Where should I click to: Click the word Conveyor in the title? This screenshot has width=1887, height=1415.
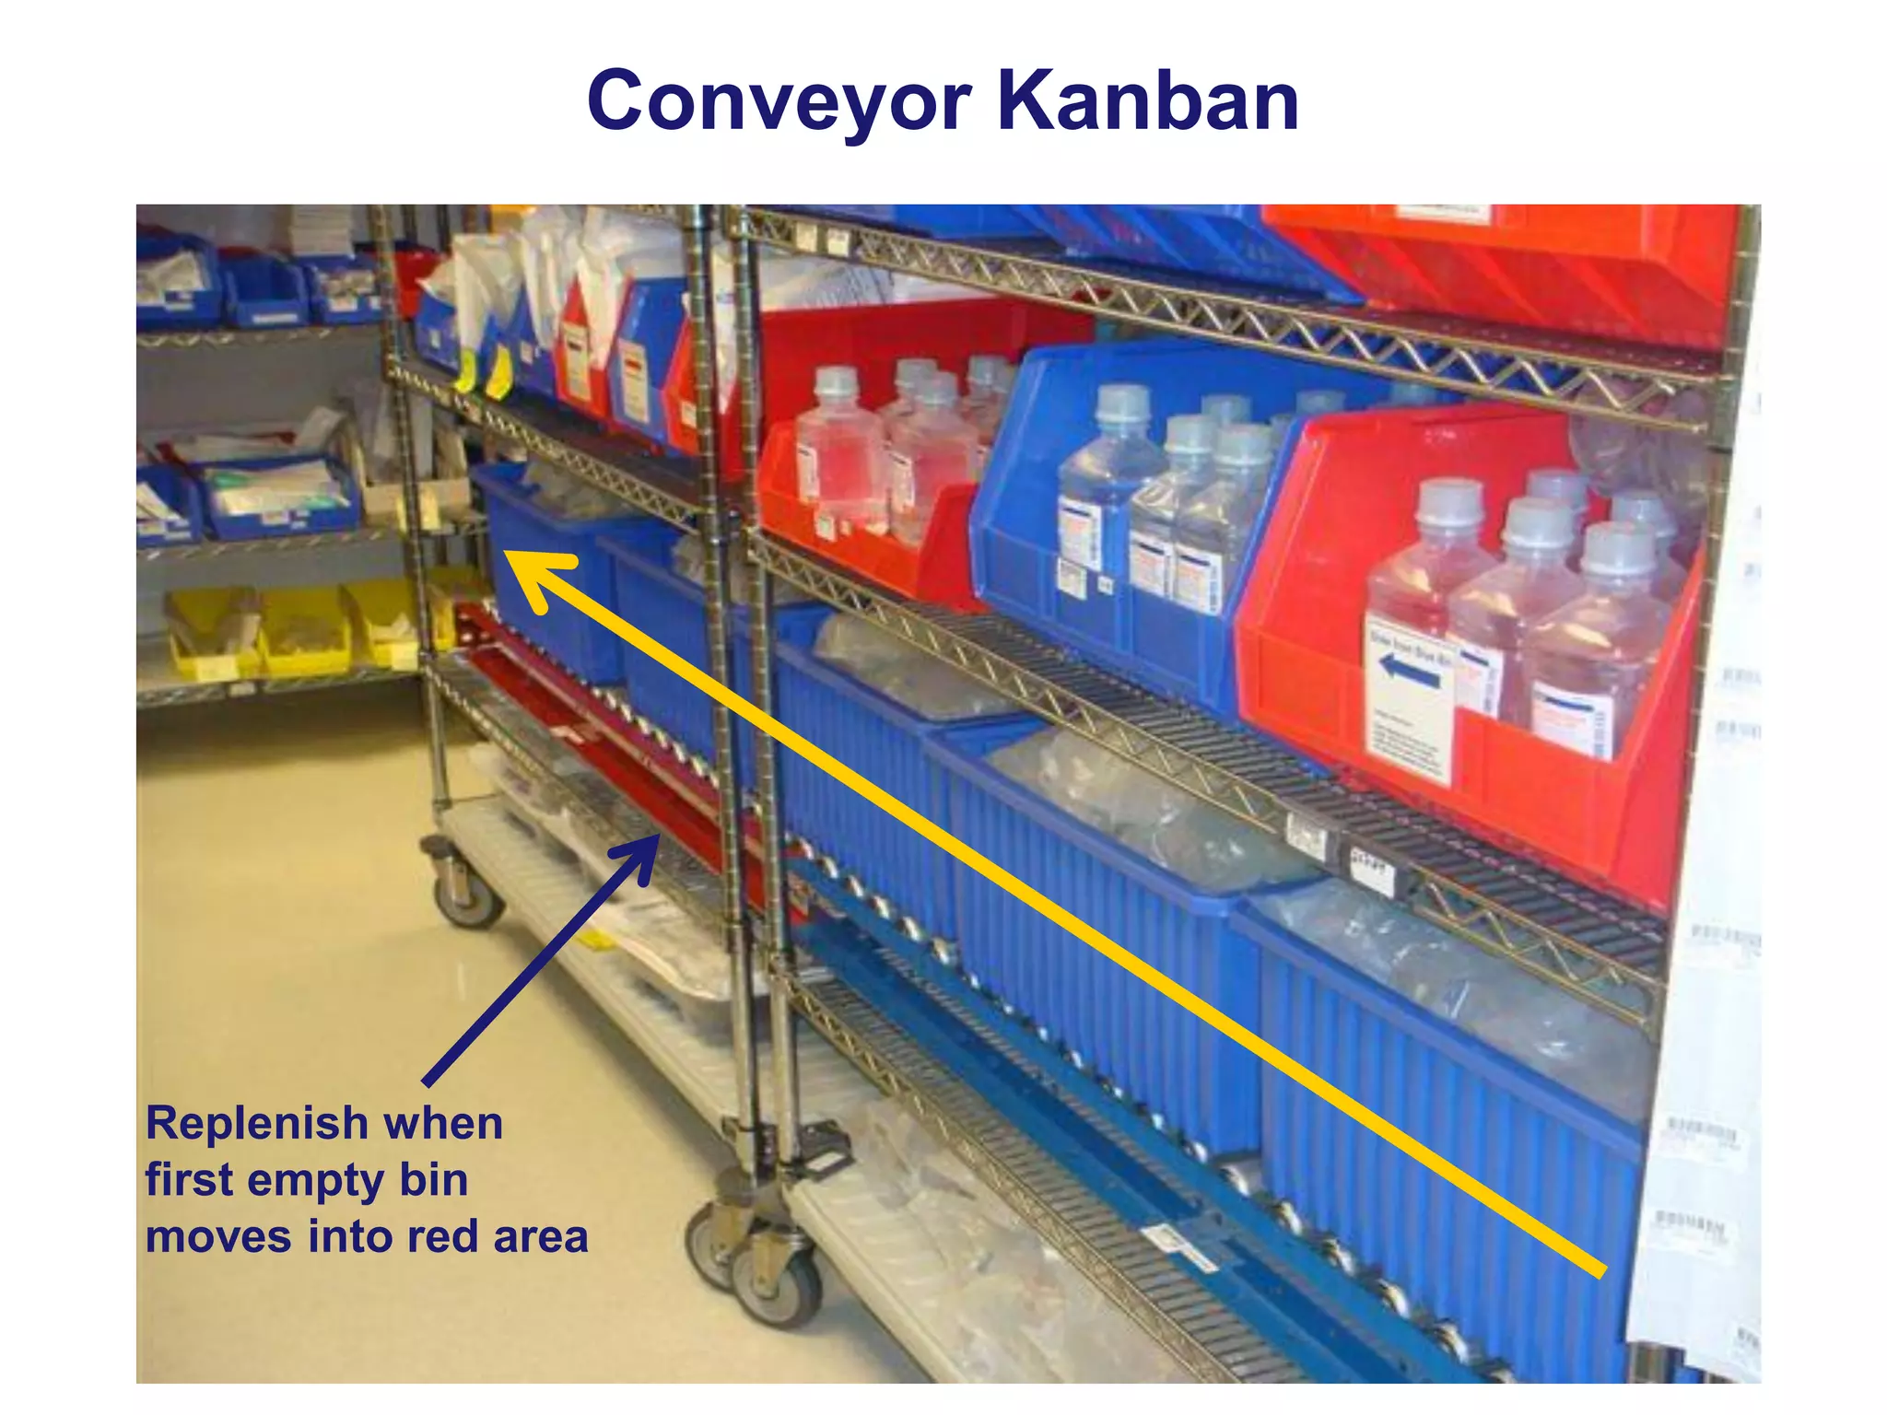click(779, 101)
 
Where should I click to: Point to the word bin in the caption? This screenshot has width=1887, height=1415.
click(433, 1180)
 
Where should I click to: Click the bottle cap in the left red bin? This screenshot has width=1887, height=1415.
click(837, 380)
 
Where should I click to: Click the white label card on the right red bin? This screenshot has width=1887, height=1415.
click(1407, 700)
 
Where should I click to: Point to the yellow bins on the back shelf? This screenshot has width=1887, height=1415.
click(304, 631)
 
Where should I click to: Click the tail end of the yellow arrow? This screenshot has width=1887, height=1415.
click(1600, 1271)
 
